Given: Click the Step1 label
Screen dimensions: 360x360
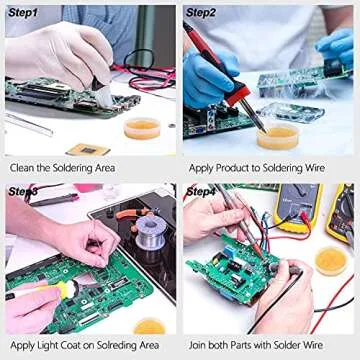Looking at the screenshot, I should (x=21, y=13).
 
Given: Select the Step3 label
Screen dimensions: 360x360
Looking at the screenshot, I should (x=22, y=191).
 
